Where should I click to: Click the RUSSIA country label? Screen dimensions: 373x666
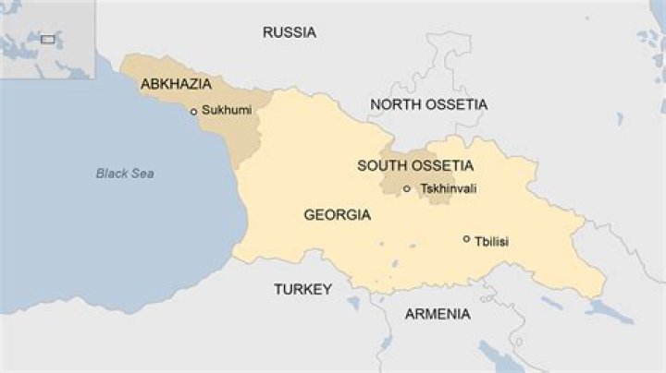(289, 32)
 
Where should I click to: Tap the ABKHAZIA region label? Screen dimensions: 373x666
(176, 84)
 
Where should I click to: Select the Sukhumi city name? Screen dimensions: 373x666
(227, 110)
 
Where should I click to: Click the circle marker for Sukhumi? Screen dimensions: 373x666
(193, 112)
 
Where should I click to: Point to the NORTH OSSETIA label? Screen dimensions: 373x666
(428, 104)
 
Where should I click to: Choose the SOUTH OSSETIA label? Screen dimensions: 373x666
(415, 166)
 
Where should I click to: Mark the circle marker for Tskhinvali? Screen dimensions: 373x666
(407, 189)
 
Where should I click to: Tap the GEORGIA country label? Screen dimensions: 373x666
(337, 215)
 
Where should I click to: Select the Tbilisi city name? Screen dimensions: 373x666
(491, 242)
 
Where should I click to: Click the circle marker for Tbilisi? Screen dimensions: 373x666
(466, 239)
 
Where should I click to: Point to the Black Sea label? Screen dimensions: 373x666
(125, 174)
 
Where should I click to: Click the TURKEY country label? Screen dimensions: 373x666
(302, 289)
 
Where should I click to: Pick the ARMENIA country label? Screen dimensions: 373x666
(438, 314)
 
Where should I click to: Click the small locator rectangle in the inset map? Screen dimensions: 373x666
(46, 40)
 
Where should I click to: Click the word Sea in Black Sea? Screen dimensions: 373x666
(142, 174)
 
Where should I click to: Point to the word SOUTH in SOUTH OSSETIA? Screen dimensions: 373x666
(380, 166)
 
